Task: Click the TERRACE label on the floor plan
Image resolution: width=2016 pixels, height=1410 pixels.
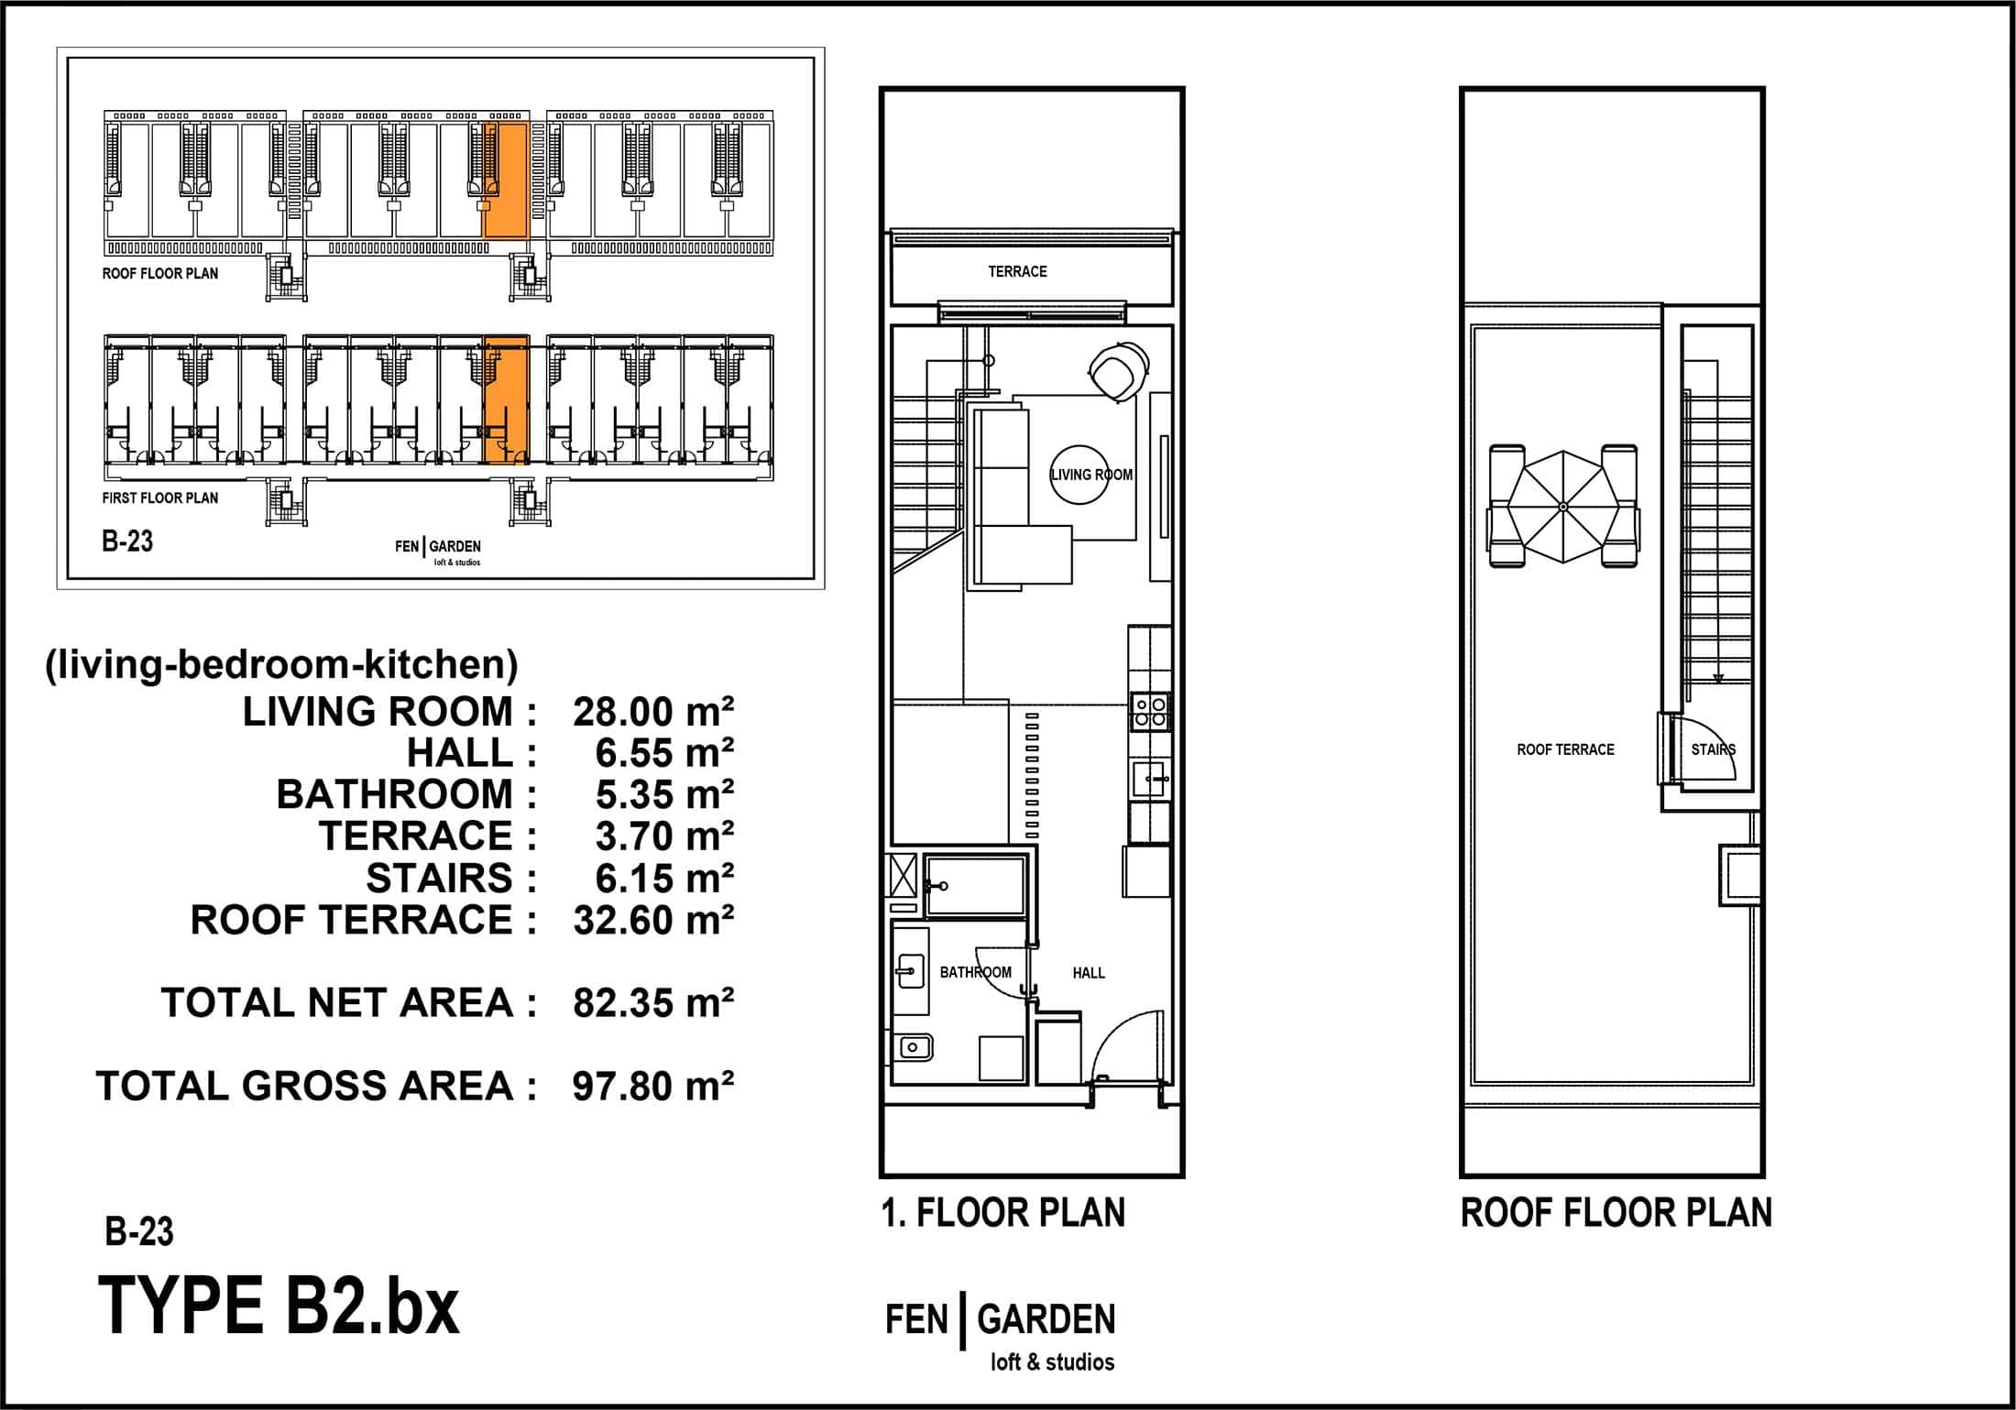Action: point(1017,271)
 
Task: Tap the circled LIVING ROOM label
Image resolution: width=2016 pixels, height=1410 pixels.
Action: point(1091,475)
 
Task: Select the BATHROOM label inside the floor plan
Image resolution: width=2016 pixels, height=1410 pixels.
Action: point(976,972)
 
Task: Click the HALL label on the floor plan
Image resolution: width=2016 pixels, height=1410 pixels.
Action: point(1089,973)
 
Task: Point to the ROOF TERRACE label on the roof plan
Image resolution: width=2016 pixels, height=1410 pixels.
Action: point(1565,749)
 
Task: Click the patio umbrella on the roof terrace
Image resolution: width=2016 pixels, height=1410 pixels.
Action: point(1563,507)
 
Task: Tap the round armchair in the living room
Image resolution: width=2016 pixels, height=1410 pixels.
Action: point(1119,370)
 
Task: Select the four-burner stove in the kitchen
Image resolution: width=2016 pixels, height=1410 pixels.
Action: point(1150,712)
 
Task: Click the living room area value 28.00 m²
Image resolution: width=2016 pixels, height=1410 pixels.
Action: point(653,712)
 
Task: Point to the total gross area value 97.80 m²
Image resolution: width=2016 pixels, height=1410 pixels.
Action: point(653,1087)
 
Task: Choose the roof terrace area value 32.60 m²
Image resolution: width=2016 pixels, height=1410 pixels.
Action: point(653,920)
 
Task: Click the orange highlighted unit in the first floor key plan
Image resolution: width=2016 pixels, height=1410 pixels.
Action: point(506,400)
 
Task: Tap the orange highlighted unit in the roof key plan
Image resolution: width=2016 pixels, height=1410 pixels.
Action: point(506,180)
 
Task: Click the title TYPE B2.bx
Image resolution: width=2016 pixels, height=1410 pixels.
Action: point(279,1306)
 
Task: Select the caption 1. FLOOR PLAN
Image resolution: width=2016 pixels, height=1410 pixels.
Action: point(1003,1213)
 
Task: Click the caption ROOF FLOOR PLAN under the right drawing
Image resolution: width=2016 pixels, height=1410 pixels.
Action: point(1616,1213)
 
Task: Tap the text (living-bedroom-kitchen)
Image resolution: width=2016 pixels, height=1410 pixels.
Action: point(281,665)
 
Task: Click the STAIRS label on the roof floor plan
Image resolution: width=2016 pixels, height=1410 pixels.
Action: point(1714,749)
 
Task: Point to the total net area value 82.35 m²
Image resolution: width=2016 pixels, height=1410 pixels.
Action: point(653,1003)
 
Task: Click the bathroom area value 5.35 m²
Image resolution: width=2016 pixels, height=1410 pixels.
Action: point(664,795)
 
